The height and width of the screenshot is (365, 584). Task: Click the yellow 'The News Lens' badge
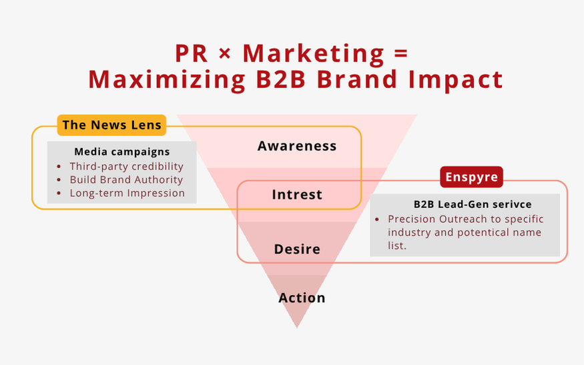tap(111, 125)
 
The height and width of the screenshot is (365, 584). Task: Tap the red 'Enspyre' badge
tap(471, 177)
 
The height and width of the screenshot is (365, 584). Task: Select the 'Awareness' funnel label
tap(297, 146)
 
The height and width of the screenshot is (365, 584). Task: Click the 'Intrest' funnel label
tap(297, 194)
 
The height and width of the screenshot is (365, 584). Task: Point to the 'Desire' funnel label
tap(297, 249)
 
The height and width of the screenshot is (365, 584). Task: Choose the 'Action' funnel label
tap(302, 298)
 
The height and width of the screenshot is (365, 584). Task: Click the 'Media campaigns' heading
tap(121, 151)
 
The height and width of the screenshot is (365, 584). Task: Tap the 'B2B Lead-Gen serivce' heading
tap(473, 204)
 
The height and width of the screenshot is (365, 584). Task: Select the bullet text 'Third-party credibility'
tap(126, 166)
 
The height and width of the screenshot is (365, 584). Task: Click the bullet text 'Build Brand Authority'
tap(126, 179)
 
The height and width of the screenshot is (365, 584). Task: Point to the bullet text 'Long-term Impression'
tap(127, 193)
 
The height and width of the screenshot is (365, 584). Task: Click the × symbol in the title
tap(225, 54)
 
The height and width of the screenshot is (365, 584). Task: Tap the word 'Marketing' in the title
tap(313, 54)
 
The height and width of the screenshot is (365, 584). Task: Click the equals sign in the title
tap(400, 54)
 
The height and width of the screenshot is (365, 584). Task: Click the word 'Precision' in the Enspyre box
tap(412, 219)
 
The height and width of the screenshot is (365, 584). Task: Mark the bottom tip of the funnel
tap(297, 328)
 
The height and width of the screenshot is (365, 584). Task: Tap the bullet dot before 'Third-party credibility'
tap(59, 166)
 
